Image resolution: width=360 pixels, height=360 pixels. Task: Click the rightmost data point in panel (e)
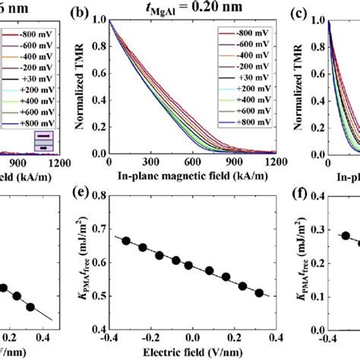[260, 292]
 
